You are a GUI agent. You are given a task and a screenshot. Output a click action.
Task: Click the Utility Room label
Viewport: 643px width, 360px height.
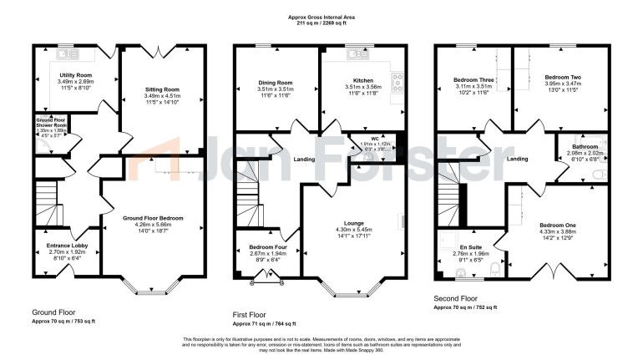(76, 75)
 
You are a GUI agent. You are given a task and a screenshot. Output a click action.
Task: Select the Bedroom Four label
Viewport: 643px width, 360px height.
(261, 246)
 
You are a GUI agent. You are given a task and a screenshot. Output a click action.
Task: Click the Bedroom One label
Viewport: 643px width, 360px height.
(557, 226)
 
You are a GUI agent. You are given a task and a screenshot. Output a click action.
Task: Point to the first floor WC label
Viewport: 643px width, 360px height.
(364, 138)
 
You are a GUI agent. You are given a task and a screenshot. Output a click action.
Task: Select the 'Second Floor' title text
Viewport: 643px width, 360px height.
(456, 297)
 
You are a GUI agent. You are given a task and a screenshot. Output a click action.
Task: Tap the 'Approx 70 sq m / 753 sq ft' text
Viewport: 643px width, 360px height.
(63, 321)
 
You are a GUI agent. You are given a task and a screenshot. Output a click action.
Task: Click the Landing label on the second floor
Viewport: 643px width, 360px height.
(518, 158)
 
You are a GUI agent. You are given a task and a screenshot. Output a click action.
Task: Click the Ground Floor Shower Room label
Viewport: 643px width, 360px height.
(50, 120)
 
